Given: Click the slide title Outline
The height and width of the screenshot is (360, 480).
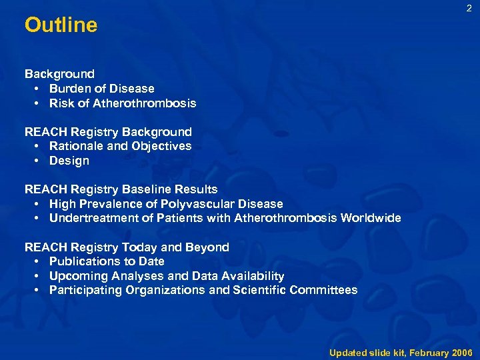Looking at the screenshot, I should [x=61, y=25].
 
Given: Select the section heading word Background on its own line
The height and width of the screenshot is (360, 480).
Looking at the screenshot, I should [x=59, y=74].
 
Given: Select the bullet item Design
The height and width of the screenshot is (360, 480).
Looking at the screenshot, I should [x=69, y=161].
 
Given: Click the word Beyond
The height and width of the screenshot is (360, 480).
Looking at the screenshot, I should [x=207, y=247].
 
